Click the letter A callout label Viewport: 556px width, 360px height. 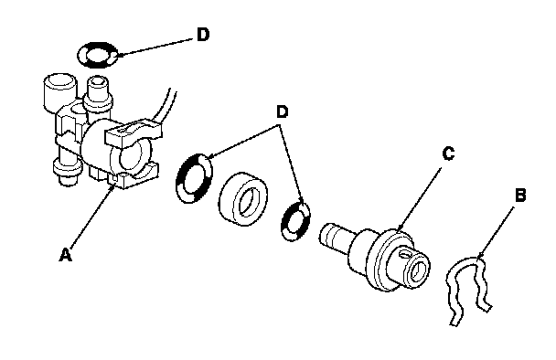click(66, 255)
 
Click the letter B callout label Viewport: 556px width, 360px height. click(519, 196)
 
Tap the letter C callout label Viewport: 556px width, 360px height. click(448, 154)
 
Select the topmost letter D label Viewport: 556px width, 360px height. click(203, 35)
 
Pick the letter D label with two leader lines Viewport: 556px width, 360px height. click(283, 112)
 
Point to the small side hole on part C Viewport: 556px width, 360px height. click(403, 254)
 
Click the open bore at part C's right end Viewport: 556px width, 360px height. click(420, 268)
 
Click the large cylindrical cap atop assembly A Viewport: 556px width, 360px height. click(60, 91)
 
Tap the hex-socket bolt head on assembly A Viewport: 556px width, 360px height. click(98, 86)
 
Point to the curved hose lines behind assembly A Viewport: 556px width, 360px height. click(167, 106)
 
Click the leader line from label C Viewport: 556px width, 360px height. click(420, 199)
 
